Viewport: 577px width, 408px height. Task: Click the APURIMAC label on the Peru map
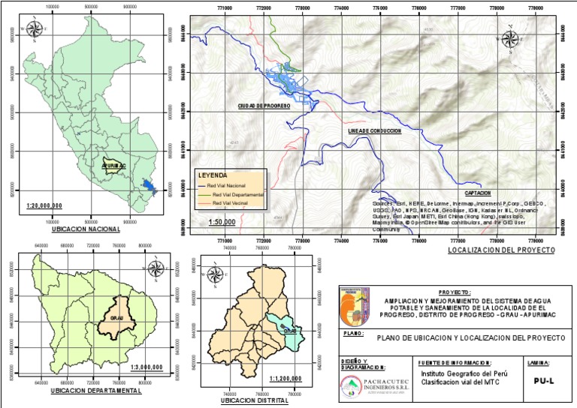pos(113,162)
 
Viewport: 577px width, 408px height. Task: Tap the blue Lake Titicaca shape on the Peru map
pos(148,185)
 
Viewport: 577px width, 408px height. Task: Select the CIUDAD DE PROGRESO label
pos(259,106)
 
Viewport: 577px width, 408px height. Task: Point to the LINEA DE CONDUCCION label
pos(375,130)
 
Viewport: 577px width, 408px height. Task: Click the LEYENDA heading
pos(211,175)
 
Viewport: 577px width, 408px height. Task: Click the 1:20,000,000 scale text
pos(44,205)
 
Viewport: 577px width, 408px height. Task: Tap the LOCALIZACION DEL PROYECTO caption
pos(500,249)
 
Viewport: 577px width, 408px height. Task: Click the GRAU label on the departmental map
pos(116,318)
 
